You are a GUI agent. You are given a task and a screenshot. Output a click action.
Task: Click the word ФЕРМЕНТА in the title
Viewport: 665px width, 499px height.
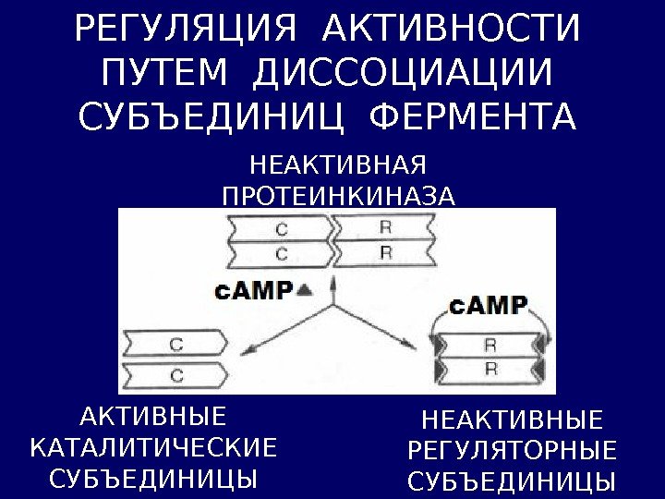(471, 119)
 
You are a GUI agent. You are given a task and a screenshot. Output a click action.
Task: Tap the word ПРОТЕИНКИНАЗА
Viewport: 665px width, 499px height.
(339, 196)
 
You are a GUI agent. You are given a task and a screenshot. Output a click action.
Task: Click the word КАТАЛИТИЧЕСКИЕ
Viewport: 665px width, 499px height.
(153, 448)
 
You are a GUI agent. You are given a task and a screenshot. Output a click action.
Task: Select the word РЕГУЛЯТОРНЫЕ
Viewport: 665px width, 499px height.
(512, 452)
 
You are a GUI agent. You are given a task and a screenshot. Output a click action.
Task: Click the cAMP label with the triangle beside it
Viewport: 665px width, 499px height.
(254, 290)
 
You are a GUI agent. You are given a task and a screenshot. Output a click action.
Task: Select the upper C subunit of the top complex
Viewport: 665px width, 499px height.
(281, 226)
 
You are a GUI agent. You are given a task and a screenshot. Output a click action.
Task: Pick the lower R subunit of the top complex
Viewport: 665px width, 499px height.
(384, 251)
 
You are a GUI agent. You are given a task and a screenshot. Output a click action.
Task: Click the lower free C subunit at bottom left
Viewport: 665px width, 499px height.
(175, 374)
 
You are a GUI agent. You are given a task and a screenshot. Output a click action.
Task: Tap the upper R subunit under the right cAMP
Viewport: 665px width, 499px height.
(490, 345)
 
